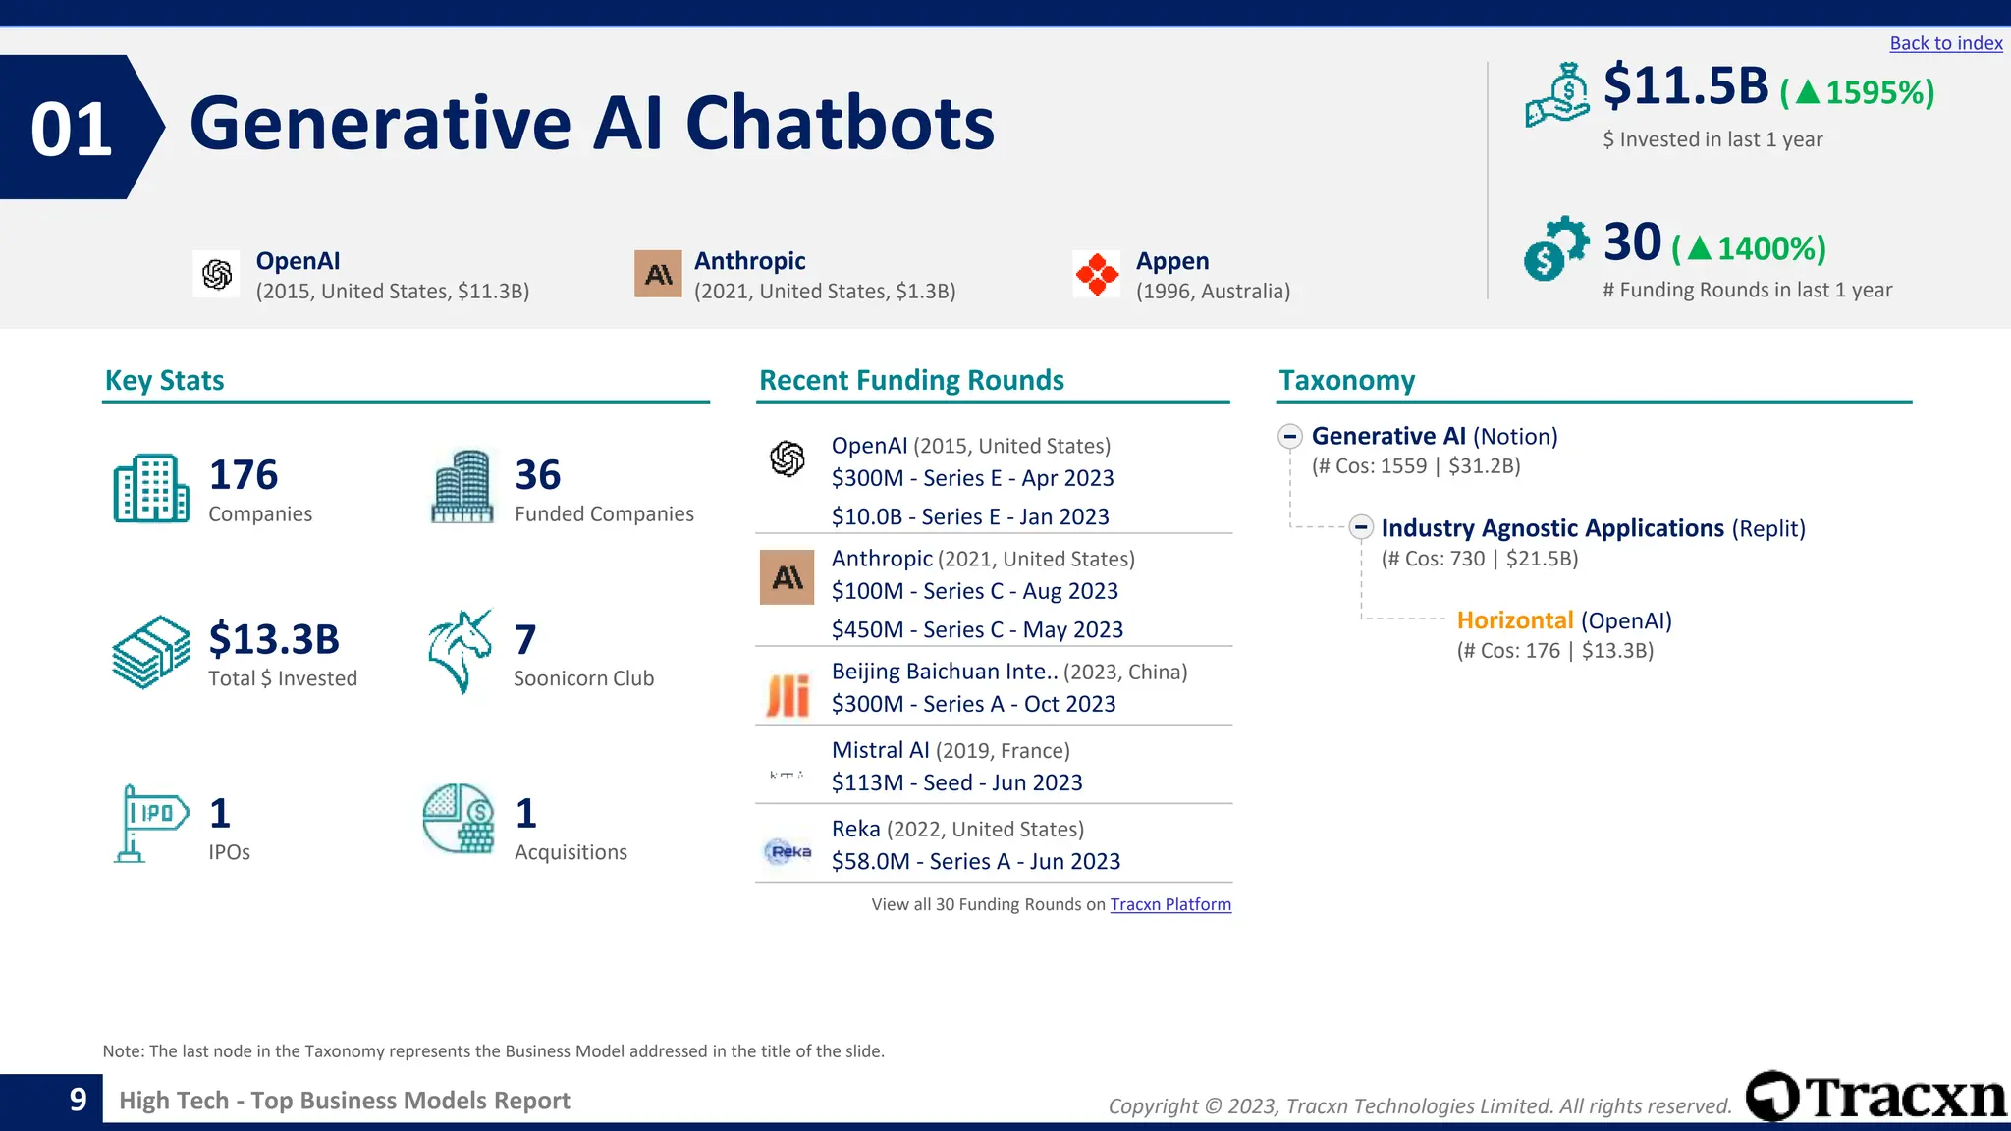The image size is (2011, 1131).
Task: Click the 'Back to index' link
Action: pos(1945,43)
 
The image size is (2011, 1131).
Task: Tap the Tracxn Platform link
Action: pos(1169,904)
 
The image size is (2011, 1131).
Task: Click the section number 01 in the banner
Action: pos(71,129)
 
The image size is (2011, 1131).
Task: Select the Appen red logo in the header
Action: pos(1096,274)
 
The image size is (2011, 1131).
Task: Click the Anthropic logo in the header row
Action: pos(658,274)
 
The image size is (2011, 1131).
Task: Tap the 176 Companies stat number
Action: pos(243,475)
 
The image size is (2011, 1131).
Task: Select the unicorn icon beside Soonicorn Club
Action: pos(460,651)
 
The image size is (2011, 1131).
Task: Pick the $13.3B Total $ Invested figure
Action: pos(274,639)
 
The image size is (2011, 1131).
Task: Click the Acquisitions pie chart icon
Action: pos(459,818)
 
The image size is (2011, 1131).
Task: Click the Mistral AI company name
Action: pos(880,750)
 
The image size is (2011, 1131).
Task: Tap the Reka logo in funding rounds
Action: pos(788,851)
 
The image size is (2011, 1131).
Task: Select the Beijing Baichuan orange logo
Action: pos(788,695)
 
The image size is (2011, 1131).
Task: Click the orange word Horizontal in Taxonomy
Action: pos(1514,620)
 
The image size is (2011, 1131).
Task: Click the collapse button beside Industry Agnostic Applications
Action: pos(1360,527)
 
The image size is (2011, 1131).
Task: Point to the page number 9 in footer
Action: pos(78,1100)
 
